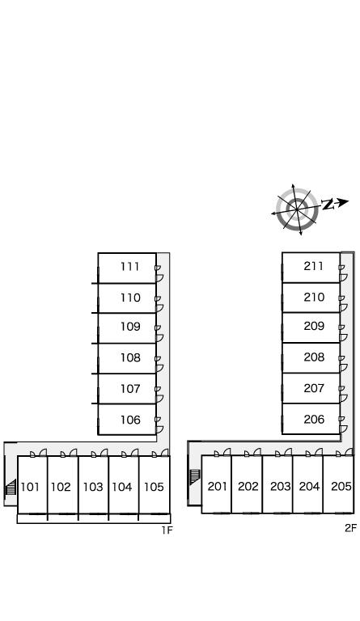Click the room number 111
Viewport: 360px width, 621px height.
pos(130,267)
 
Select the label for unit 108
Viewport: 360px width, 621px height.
pos(130,357)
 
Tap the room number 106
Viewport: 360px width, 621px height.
pos(130,420)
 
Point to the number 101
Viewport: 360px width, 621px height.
pos(30,487)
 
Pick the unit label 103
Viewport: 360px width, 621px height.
pos(93,487)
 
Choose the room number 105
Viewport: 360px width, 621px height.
pos(154,487)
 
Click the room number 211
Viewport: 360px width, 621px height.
pos(314,266)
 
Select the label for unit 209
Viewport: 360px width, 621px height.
pos(314,326)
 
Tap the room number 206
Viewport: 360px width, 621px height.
pos(314,419)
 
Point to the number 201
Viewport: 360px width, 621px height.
pos(217,486)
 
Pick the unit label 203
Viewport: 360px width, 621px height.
pos(280,486)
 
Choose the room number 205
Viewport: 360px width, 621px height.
pos(341,486)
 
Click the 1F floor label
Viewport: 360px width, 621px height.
pos(167,530)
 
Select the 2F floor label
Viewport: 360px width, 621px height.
pos(350,528)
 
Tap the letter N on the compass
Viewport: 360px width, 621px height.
pos(327,205)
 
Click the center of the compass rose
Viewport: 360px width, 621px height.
pos(297,209)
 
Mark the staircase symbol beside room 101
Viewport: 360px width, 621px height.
pos(11,487)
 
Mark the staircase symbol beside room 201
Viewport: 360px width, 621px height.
pos(194,477)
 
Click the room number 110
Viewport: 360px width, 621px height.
pos(130,298)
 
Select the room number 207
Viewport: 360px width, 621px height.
pos(314,388)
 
